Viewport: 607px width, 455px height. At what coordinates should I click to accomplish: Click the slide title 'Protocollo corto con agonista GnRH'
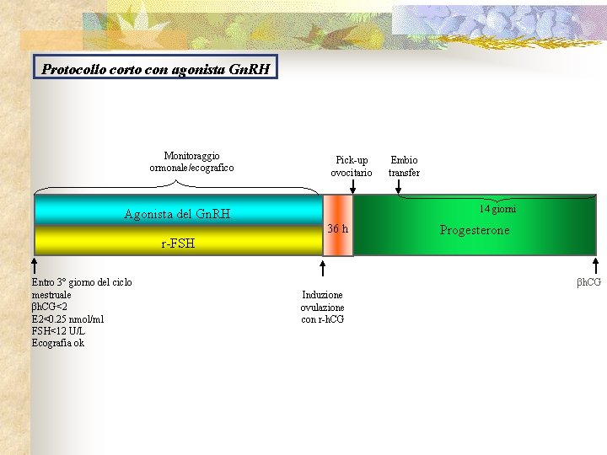pyautogui.click(x=156, y=68)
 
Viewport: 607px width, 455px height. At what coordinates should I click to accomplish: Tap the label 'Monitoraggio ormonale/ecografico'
pyautogui.click(x=191, y=162)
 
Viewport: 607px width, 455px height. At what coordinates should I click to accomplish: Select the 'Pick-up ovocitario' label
pyautogui.click(x=352, y=166)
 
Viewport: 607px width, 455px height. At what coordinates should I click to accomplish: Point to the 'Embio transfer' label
pyautogui.click(x=404, y=166)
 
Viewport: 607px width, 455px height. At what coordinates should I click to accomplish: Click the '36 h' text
pyautogui.click(x=337, y=228)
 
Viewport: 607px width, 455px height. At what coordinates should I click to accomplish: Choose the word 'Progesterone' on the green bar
pyautogui.click(x=475, y=230)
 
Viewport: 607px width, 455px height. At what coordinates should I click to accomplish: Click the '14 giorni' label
pyautogui.click(x=497, y=209)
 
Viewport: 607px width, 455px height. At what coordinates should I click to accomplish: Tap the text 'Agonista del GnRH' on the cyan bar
pyautogui.click(x=177, y=214)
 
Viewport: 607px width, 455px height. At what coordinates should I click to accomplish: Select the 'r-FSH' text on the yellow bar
pyautogui.click(x=178, y=244)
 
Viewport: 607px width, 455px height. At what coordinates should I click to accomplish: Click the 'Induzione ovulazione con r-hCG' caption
pyautogui.click(x=322, y=307)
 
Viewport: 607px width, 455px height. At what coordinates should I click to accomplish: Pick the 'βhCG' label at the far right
pyautogui.click(x=588, y=281)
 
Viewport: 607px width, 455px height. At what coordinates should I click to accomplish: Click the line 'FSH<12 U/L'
pyautogui.click(x=60, y=331)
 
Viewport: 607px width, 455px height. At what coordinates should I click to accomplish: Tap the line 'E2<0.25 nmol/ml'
pyautogui.click(x=67, y=319)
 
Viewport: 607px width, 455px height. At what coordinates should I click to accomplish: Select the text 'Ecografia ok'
pyautogui.click(x=57, y=343)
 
